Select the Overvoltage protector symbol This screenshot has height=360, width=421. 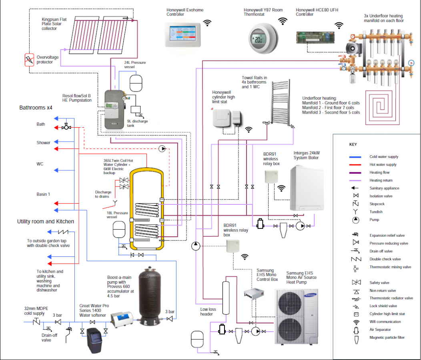click(29, 60)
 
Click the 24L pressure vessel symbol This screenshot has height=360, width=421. click(136, 81)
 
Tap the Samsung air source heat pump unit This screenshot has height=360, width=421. click(297, 316)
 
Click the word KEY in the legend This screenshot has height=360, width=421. click(353, 144)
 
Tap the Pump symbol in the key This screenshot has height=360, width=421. click(355, 220)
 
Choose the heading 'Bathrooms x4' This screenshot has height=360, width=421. click(36, 108)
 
